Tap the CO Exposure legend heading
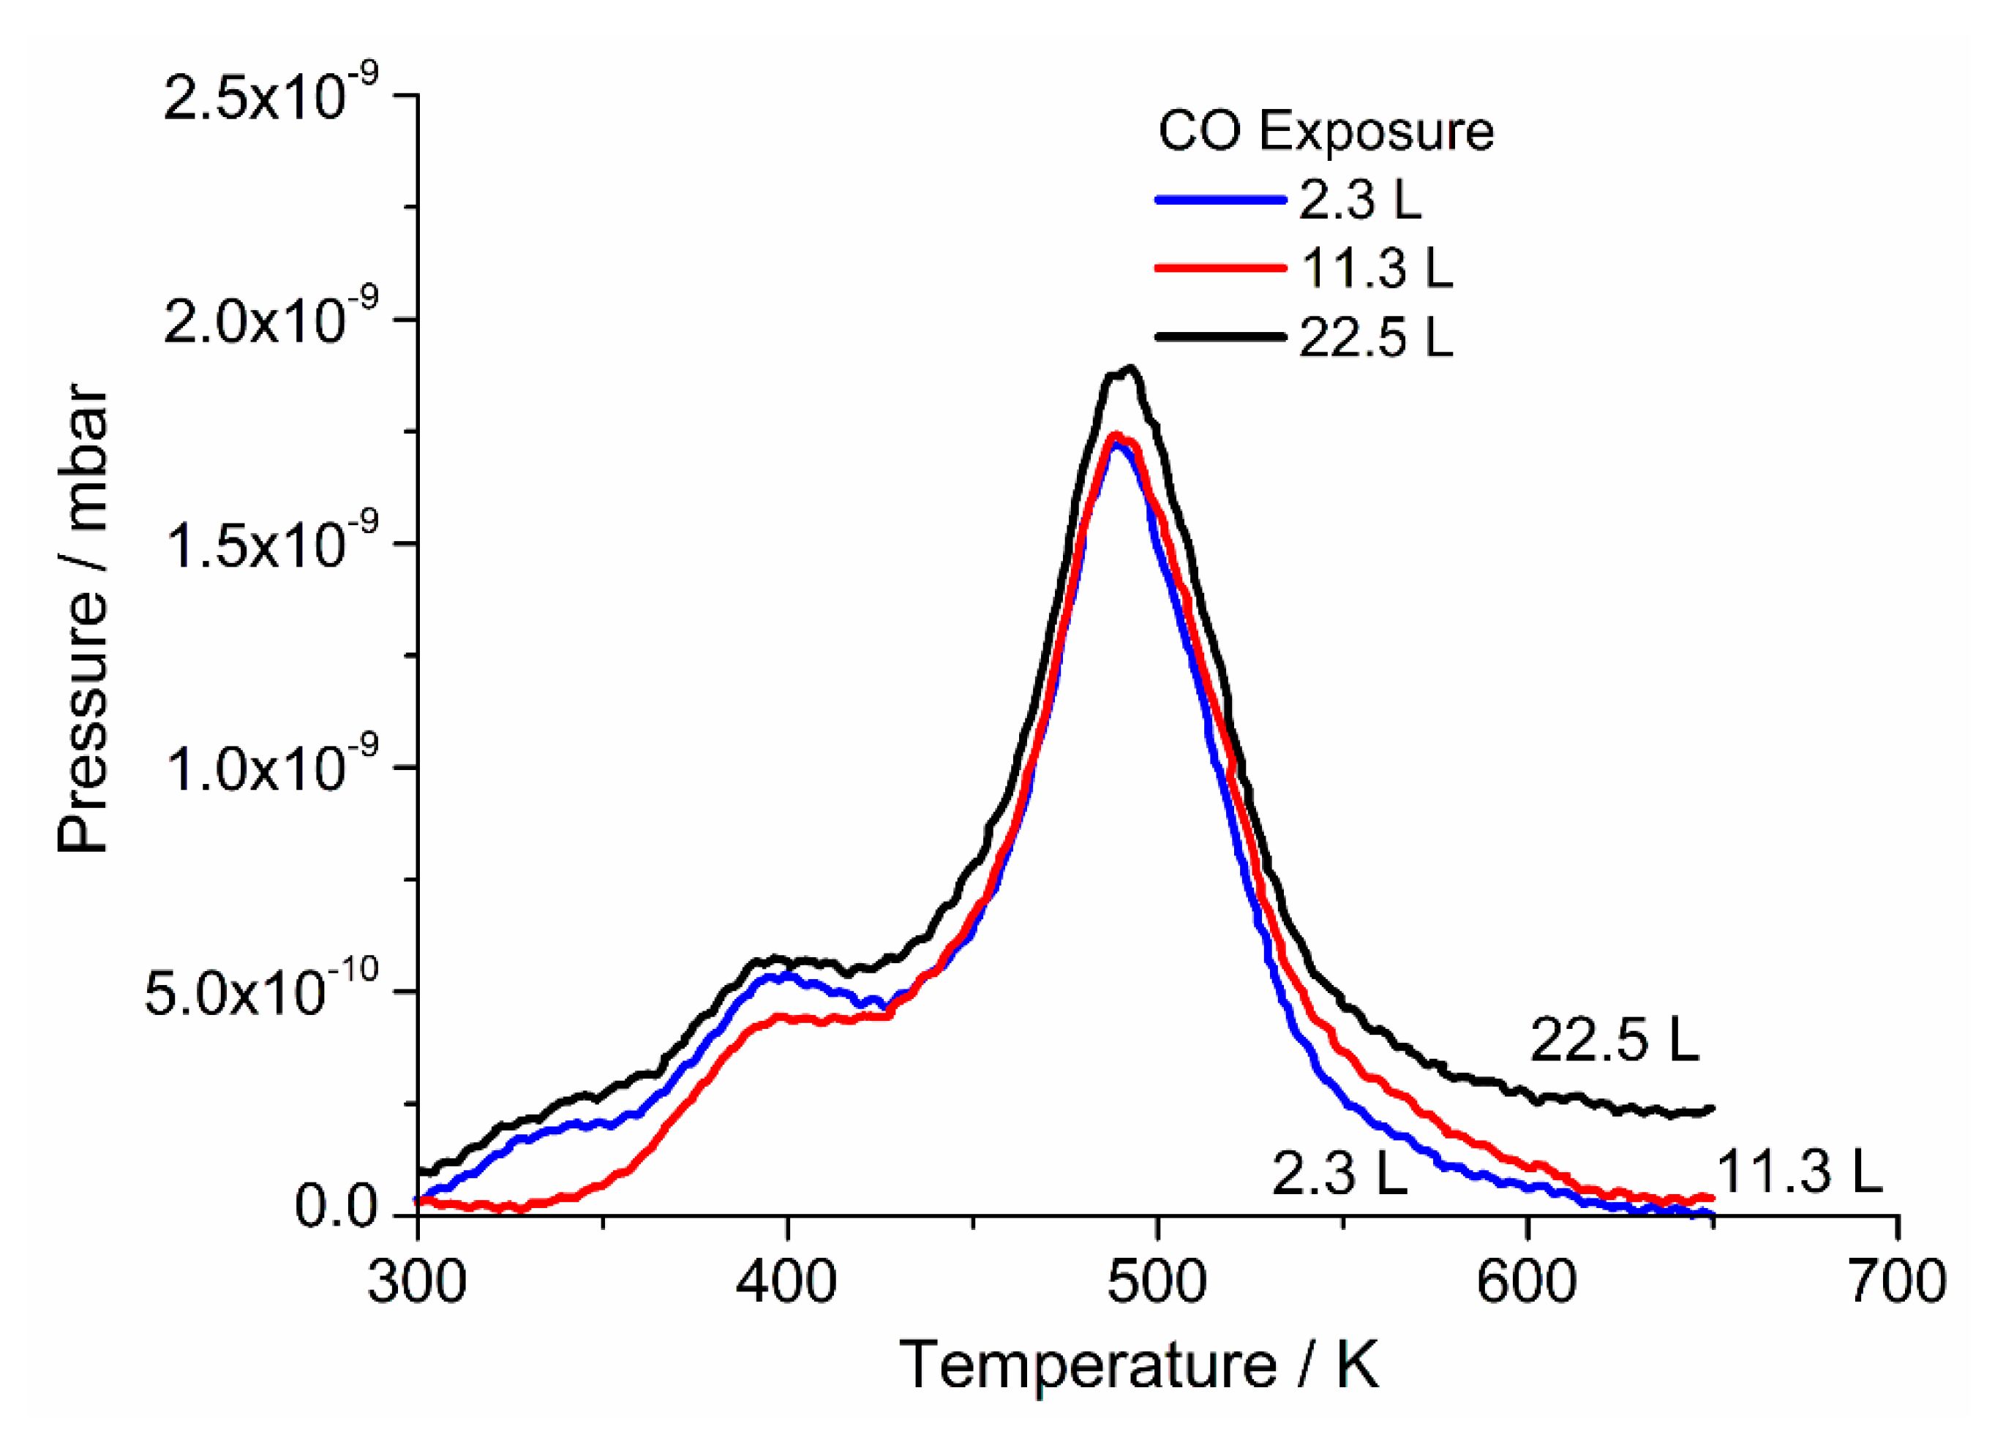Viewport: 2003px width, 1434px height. [1326, 132]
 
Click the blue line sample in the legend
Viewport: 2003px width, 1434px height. [1220, 200]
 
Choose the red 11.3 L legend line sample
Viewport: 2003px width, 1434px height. [1220, 268]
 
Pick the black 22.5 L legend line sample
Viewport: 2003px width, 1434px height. [1220, 336]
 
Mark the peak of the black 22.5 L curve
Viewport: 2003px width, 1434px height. [1130, 369]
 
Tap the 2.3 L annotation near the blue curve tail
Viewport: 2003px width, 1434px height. [1339, 1174]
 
